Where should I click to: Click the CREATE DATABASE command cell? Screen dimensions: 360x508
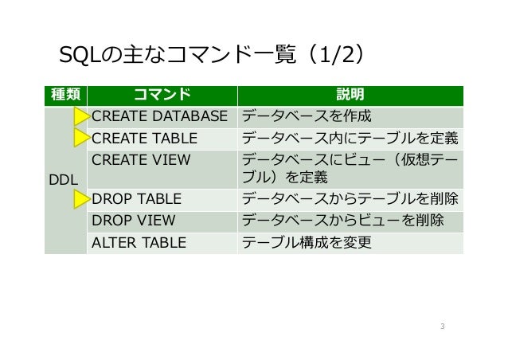pyautogui.click(x=165, y=117)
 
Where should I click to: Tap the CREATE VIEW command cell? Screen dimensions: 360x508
pyautogui.click(x=142, y=158)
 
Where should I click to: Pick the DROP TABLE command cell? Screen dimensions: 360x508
pyautogui.click(x=137, y=199)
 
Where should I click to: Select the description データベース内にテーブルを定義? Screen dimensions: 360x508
pyautogui.click(x=350, y=138)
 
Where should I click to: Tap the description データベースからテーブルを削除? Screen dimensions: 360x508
pyautogui.click(x=350, y=199)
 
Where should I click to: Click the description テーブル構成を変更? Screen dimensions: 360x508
pyautogui.click(x=307, y=241)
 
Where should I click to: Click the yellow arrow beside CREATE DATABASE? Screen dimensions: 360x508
pyautogui.click(x=80, y=117)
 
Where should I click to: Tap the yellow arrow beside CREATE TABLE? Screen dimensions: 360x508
pyautogui.click(x=80, y=138)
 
